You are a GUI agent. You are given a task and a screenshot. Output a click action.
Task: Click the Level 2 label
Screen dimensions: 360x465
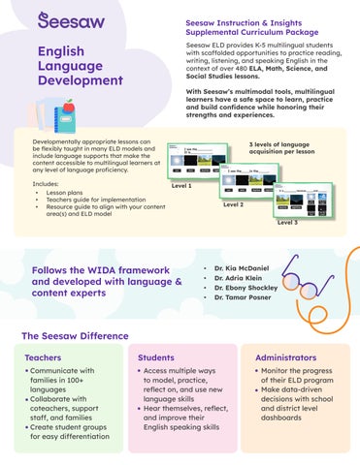coord(234,204)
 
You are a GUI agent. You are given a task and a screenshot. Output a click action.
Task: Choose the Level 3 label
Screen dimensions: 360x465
coord(288,222)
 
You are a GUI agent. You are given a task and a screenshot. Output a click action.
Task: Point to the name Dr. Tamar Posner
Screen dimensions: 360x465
coord(240,299)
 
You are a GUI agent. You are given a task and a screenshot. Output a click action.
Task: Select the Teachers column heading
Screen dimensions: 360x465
coord(42,358)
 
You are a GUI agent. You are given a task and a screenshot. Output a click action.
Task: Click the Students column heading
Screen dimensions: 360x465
coord(156,358)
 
